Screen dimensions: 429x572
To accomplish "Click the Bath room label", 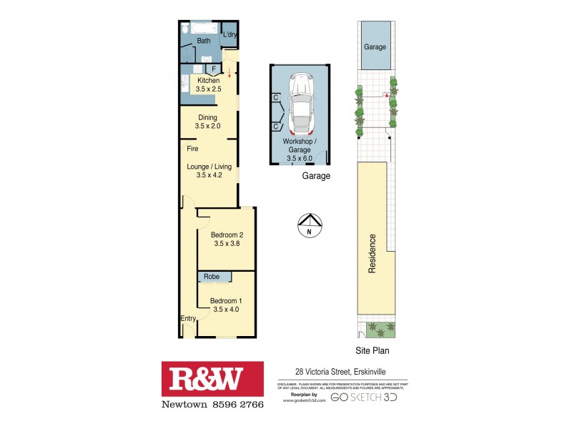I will [204, 41].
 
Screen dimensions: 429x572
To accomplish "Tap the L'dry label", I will [230, 34].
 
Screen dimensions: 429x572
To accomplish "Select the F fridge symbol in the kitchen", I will [213, 69].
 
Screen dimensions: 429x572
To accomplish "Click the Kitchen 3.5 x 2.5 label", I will [209, 85].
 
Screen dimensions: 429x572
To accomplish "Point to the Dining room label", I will [207, 122].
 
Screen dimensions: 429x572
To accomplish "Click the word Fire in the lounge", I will [192, 149].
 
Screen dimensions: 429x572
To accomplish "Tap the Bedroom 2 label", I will [227, 239].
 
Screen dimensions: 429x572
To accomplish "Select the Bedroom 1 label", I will [226, 305].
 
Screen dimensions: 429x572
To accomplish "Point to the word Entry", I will [188, 318].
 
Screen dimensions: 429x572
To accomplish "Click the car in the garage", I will [301, 105].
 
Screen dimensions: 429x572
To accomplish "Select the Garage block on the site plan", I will [375, 46].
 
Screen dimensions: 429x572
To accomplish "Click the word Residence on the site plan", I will [372, 254].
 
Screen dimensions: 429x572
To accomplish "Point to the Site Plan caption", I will [373, 351].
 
